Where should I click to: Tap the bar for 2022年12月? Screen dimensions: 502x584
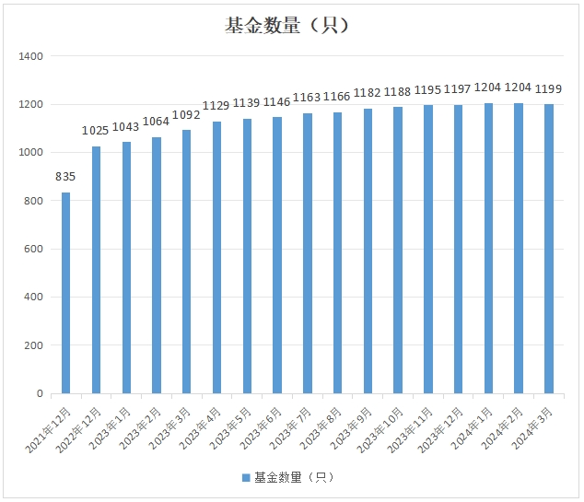tap(96, 270)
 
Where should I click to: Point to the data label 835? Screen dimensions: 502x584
tap(66, 176)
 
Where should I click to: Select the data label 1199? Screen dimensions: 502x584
tap(549, 88)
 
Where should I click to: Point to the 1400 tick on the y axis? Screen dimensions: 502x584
tap(31, 56)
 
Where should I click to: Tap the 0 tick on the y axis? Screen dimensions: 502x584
tap(40, 393)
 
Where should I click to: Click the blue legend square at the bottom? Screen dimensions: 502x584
tap(246, 477)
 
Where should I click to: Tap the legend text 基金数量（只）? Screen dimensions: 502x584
tap(293, 477)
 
